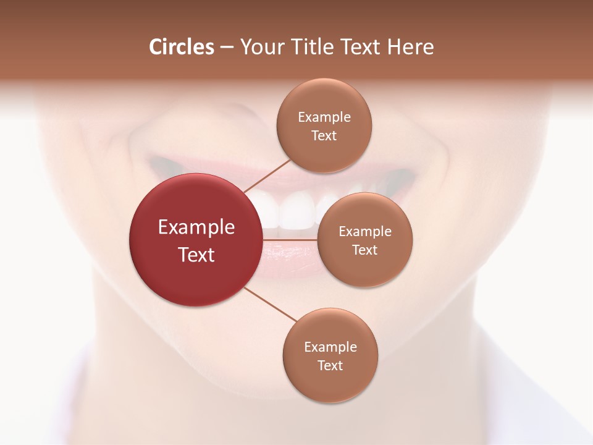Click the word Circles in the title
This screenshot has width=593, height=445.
[181, 47]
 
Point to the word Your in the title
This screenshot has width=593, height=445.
[259, 47]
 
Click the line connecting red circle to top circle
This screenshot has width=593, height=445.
[267, 176]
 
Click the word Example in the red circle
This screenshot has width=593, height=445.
[196, 227]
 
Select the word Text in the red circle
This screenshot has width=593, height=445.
[196, 255]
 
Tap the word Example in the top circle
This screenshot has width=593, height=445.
[324, 117]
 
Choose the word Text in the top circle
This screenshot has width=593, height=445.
[324, 135]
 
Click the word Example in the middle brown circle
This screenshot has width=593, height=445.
[365, 231]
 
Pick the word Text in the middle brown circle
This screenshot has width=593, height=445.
[365, 250]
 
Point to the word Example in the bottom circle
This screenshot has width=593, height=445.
[330, 347]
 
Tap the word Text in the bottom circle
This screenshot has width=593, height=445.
[330, 365]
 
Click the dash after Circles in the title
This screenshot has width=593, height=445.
[227, 48]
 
